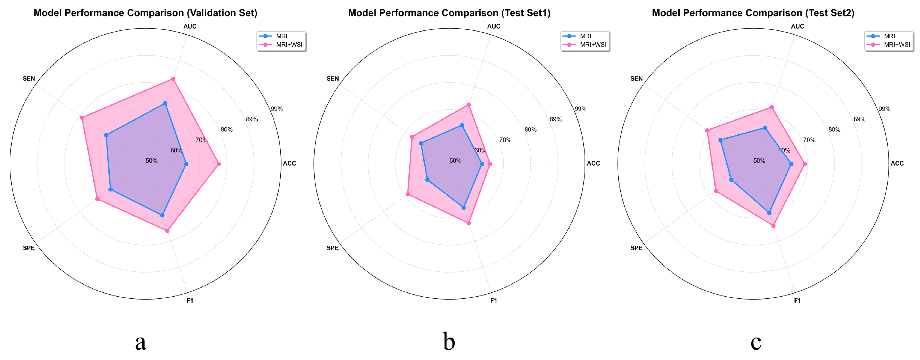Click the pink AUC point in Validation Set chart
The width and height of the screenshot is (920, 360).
[x=173, y=79]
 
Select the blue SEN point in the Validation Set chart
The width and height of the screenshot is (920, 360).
[x=106, y=135]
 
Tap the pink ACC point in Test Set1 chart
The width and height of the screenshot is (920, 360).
[x=490, y=164]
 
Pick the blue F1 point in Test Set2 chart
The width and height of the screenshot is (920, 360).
[x=769, y=213]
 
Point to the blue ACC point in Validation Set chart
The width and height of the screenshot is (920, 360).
[x=186, y=164]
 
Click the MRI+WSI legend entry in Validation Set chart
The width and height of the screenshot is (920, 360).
[x=289, y=45]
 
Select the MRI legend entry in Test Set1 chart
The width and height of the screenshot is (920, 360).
[x=585, y=36]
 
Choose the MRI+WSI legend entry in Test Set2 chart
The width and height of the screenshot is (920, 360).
[x=897, y=45]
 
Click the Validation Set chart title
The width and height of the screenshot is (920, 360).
[x=145, y=13]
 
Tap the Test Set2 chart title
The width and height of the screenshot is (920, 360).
[x=753, y=13]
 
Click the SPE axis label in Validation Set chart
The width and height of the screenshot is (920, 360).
[x=29, y=248]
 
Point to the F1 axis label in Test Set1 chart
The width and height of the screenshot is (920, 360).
[x=494, y=300]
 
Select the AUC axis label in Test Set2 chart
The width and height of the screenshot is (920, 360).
[x=798, y=26]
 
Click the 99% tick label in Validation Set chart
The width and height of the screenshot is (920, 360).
[x=276, y=109]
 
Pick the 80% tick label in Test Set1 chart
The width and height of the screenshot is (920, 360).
[x=530, y=130]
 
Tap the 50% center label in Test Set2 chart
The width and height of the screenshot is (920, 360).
[x=759, y=161]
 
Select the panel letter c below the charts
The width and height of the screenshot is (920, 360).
[x=756, y=342]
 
